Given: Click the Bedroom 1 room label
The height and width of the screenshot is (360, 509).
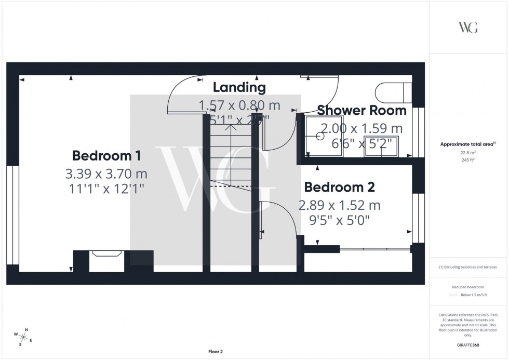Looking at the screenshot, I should click(x=106, y=155).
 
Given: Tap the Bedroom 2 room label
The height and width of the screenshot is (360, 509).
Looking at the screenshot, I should click(x=339, y=187).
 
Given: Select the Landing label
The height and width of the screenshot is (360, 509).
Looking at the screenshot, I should click(x=239, y=88).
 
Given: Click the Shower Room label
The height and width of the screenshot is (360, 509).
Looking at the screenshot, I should click(x=361, y=110).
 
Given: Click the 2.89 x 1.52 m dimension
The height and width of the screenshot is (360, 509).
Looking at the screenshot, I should click(x=339, y=205).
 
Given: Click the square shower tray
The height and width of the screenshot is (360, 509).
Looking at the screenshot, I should click(x=318, y=137).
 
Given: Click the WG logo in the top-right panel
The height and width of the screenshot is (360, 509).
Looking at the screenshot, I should click(x=468, y=28).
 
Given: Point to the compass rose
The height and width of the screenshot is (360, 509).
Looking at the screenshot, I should click(x=24, y=337).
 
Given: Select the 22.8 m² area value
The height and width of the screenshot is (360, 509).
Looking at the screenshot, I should click(x=468, y=153).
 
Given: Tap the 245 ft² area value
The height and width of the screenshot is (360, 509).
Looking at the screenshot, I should click(x=468, y=160).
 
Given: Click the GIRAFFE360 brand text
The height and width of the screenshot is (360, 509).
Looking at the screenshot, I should click(x=468, y=345).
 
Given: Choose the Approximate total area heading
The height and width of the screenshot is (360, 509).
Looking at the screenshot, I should click(x=467, y=144).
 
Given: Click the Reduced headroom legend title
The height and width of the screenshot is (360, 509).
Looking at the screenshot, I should click(x=468, y=287).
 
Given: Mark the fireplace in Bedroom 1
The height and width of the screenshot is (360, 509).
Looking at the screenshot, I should click(x=106, y=260).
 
